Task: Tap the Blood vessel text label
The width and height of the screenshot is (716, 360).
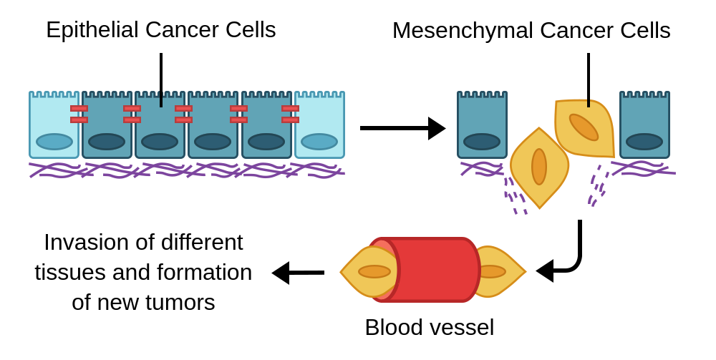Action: [x=429, y=327]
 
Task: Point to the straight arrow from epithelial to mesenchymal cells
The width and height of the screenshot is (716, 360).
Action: [x=401, y=128]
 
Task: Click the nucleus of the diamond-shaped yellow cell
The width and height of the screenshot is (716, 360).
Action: [x=539, y=167]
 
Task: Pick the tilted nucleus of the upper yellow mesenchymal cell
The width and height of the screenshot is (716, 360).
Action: [x=584, y=127]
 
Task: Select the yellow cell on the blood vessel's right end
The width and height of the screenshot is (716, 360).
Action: [x=501, y=272]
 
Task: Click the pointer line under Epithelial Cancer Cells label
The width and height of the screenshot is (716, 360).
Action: [x=161, y=79]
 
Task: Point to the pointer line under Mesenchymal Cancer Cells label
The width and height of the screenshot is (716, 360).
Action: [x=589, y=79]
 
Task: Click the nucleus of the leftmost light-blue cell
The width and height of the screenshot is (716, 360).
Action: [x=54, y=142]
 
